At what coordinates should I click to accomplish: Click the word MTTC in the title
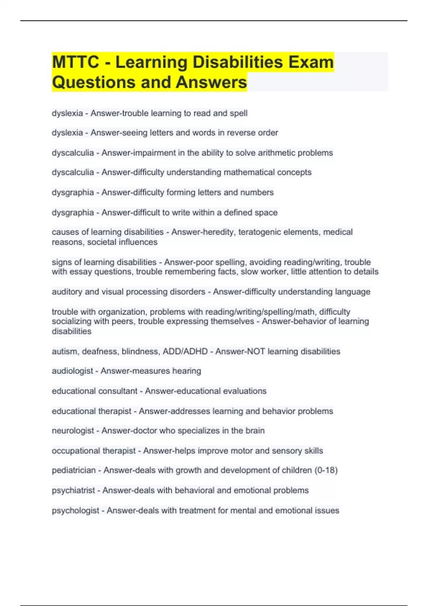75,62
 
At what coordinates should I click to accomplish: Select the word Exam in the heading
311,62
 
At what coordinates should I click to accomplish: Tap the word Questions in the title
94,82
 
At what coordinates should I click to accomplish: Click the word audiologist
72,371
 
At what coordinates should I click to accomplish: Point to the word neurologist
73,431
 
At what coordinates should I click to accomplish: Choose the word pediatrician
74,470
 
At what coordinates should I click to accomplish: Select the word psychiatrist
73,491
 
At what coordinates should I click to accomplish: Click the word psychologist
76,510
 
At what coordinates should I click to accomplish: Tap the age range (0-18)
326,470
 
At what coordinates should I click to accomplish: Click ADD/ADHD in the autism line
185,351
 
